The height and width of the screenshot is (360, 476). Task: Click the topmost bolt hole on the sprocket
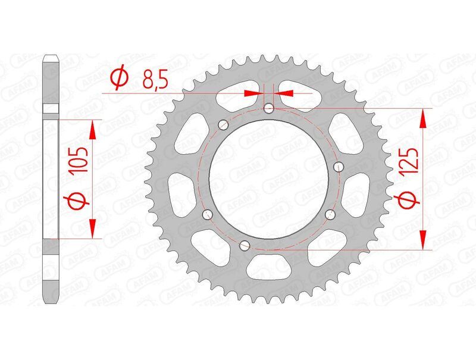click(269, 108)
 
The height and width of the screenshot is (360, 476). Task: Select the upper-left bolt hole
click(224, 124)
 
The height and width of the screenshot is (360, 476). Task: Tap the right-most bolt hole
click(340, 166)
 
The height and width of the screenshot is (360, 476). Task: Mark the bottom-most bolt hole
click(243, 245)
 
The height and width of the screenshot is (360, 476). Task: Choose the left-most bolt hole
click(208, 214)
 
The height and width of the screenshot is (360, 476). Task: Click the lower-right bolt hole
click(331, 214)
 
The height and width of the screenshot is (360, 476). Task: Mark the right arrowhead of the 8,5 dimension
click(283, 93)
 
